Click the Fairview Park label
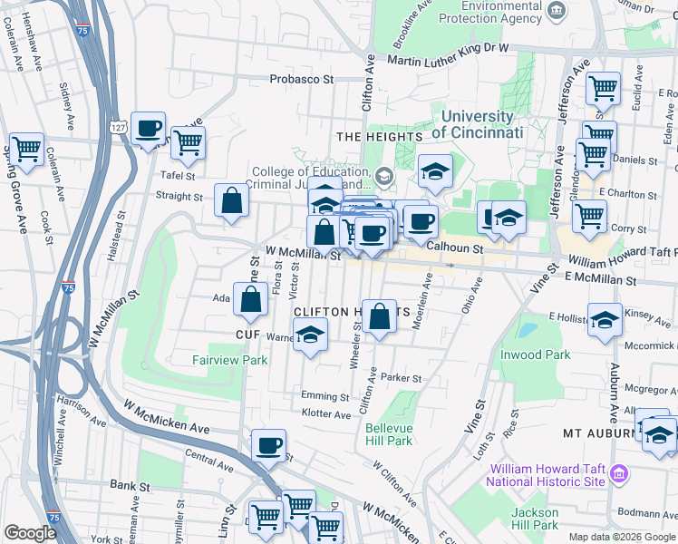(229, 360)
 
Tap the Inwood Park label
(536, 355)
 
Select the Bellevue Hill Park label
(390, 434)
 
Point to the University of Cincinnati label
(478, 125)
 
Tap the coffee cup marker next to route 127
(149, 129)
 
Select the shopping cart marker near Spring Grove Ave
(27, 148)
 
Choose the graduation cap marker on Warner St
(310, 336)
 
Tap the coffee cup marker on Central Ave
(269, 445)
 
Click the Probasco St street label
(302, 80)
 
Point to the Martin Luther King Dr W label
(448, 61)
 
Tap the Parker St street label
(402, 378)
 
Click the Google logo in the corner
(30, 533)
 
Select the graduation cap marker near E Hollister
(605, 320)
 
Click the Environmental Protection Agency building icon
(557, 11)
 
